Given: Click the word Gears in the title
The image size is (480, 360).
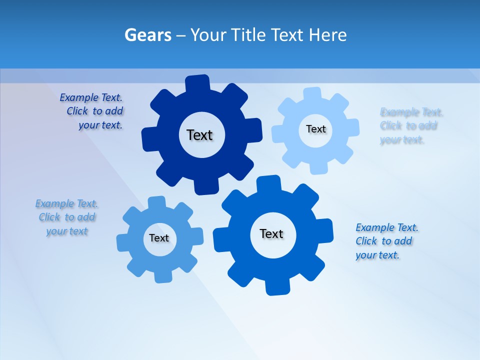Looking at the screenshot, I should [x=148, y=35].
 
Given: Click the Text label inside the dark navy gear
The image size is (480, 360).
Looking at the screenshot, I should [x=199, y=135].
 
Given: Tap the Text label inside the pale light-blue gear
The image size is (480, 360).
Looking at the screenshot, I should [x=315, y=129].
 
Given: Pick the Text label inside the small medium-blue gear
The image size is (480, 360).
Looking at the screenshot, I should [x=159, y=238].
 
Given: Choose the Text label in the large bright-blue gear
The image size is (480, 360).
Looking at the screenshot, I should [x=271, y=234].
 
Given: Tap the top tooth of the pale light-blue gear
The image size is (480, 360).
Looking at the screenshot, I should [x=312, y=94].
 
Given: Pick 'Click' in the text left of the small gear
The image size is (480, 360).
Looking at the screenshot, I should [x=49, y=217].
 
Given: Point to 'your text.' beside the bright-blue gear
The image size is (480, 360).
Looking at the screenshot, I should [x=377, y=255].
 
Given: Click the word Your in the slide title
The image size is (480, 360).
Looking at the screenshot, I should [x=208, y=35].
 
